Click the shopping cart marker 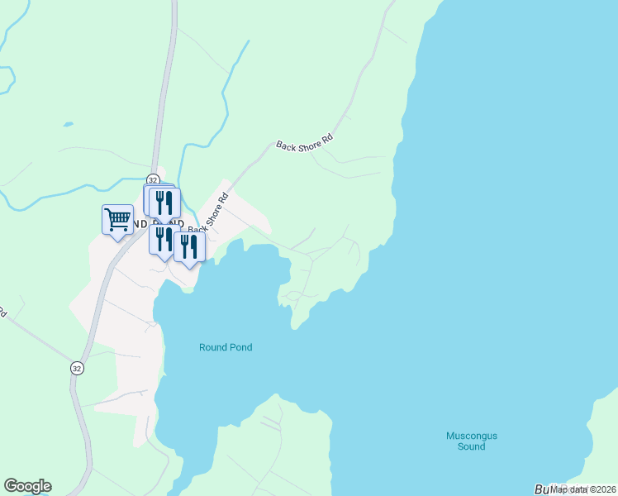coord(117,220)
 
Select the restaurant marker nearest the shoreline coord(189,246)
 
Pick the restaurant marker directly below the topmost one coord(161,240)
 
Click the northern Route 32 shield coord(153,179)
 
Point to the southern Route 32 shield coord(77,367)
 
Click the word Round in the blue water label coord(212,347)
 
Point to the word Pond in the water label coord(240,347)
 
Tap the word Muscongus coord(472,436)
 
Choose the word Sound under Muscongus coord(472,446)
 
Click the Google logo coord(27,486)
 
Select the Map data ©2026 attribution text coord(582,489)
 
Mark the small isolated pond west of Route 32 coord(66,126)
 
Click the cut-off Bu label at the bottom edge coord(542,489)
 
